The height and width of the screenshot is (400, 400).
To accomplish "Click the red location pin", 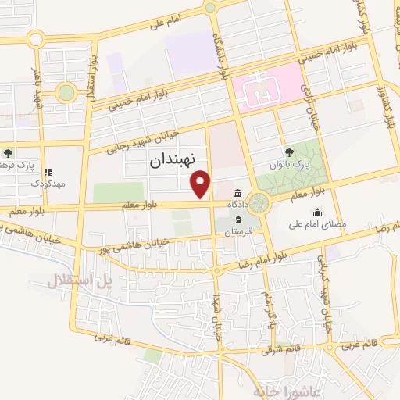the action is click(202, 184).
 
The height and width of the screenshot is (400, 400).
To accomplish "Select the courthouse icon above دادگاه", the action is click(237, 193).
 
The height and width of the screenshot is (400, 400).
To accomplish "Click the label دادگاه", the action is click(237, 204).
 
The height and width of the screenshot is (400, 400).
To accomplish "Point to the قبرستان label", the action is click(231, 233).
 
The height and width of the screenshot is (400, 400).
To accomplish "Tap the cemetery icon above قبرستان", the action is click(232, 221).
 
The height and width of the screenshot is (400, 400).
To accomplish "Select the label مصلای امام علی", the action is click(317, 223).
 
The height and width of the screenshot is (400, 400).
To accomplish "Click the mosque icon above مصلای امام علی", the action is click(317, 212).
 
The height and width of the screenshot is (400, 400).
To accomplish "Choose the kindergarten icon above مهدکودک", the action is click(48, 173).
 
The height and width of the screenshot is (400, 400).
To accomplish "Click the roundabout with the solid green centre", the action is click(66, 93).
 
